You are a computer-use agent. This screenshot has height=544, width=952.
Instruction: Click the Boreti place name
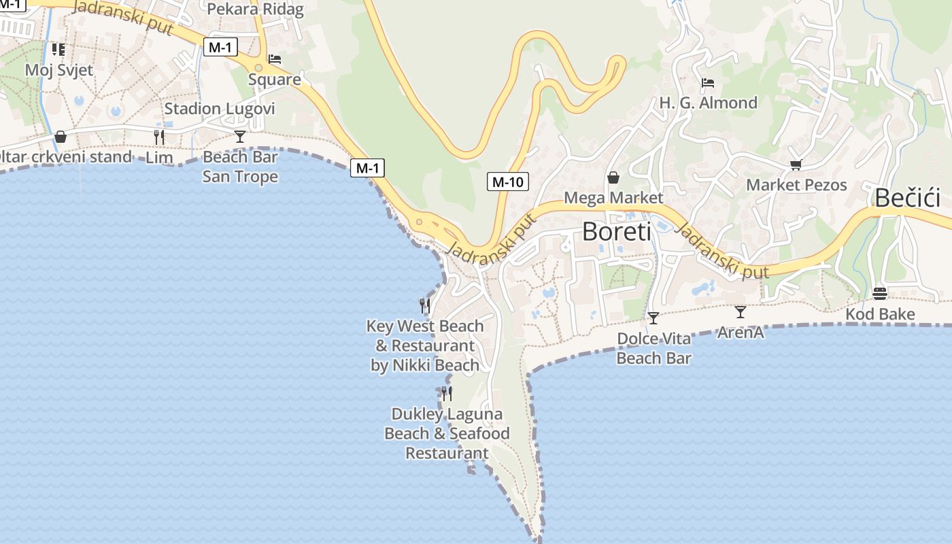click(x=616, y=232)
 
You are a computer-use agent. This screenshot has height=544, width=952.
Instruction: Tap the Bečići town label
click(x=907, y=198)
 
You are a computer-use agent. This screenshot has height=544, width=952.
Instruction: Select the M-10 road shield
click(x=508, y=182)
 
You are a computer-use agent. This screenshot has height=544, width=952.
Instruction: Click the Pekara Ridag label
click(x=255, y=9)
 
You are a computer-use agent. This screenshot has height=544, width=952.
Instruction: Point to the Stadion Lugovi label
click(x=220, y=109)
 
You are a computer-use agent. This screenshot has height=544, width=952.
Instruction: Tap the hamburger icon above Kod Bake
click(x=880, y=294)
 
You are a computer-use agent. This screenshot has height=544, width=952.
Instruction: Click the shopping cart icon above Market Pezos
click(x=796, y=165)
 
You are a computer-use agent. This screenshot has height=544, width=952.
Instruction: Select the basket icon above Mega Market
click(x=613, y=177)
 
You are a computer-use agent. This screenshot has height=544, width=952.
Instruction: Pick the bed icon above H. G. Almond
click(x=708, y=83)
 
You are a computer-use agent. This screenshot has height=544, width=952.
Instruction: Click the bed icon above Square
click(x=275, y=59)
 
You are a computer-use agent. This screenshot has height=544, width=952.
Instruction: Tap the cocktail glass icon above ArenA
click(x=741, y=311)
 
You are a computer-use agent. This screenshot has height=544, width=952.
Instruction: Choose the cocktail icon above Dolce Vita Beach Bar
click(x=653, y=318)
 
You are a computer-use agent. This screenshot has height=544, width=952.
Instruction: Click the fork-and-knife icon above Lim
click(x=159, y=137)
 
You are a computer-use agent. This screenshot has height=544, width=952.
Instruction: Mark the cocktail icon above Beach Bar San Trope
click(x=240, y=136)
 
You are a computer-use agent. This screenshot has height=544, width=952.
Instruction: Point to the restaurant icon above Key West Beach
click(x=425, y=305)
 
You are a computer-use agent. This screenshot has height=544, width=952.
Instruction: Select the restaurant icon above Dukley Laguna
click(x=447, y=393)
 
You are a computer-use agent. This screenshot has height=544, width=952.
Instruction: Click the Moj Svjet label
click(x=59, y=69)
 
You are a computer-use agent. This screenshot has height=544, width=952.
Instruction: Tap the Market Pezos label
click(x=796, y=185)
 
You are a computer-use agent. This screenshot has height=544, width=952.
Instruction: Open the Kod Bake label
click(x=880, y=314)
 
